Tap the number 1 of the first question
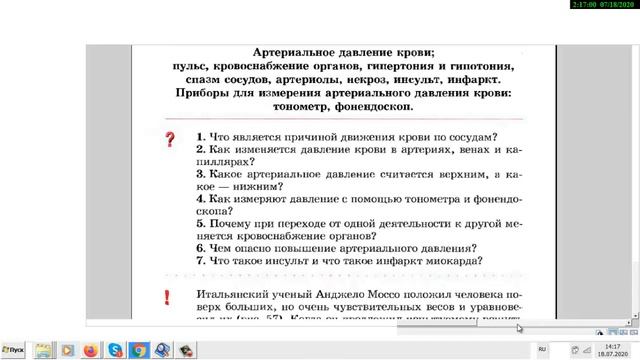[x=200, y=137]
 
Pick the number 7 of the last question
[x=200, y=260]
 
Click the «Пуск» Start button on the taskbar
[x=15, y=350]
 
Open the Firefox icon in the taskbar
[x=90, y=350]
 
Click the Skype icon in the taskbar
[x=116, y=350]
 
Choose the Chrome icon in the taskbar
[x=140, y=350]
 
